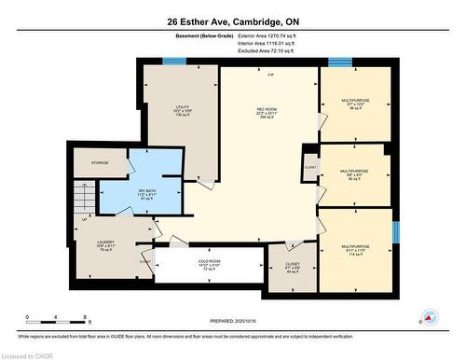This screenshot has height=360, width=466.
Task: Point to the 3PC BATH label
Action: pos(127,194)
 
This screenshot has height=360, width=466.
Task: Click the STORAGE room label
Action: pos(100,163)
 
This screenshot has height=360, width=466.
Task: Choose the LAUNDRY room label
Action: pos(105,245)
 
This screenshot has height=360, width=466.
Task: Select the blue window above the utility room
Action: pos(172,62)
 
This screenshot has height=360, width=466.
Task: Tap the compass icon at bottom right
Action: pos(430,317)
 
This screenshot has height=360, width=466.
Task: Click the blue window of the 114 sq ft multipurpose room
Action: pos(394,230)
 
